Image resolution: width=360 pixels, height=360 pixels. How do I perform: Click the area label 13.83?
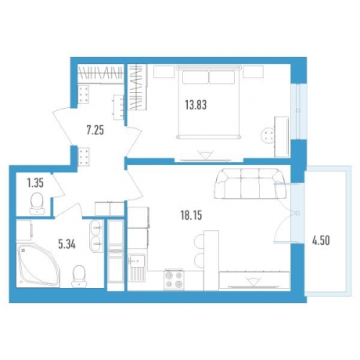[x=196, y=106]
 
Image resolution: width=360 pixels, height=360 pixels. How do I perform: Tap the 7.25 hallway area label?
[x=95, y=130]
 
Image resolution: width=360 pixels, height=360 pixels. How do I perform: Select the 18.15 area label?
[x=192, y=215]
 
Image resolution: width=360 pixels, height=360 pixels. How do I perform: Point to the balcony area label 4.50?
[x=321, y=240]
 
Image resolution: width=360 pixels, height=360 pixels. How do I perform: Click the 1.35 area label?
[x=35, y=183]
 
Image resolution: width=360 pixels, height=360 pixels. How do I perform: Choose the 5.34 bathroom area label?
[x=67, y=244]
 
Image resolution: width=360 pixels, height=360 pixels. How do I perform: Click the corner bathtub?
[x=38, y=265]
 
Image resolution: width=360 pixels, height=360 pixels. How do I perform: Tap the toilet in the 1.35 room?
[x=37, y=203]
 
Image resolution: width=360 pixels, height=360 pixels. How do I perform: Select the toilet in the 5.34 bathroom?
[x=78, y=276]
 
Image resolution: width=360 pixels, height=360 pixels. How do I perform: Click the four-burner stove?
[x=174, y=279]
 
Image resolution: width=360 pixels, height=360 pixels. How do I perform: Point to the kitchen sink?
[x=137, y=260]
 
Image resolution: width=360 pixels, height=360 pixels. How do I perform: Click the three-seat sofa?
[x=250, y=184]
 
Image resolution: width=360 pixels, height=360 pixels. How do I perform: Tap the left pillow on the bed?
[x=196, y=77]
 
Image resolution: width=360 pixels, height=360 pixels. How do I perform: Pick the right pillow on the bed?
[x=221, y=77]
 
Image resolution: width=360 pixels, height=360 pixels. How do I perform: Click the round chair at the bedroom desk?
[x=268, y=135]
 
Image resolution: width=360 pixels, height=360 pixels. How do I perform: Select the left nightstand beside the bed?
[x=164, y=71]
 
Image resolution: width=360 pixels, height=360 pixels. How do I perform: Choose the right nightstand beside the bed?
[x=253, y=71]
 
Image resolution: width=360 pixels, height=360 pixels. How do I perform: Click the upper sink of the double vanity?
[x=96, y=228]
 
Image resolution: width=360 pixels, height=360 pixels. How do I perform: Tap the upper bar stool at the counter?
[x=200, y=239]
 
